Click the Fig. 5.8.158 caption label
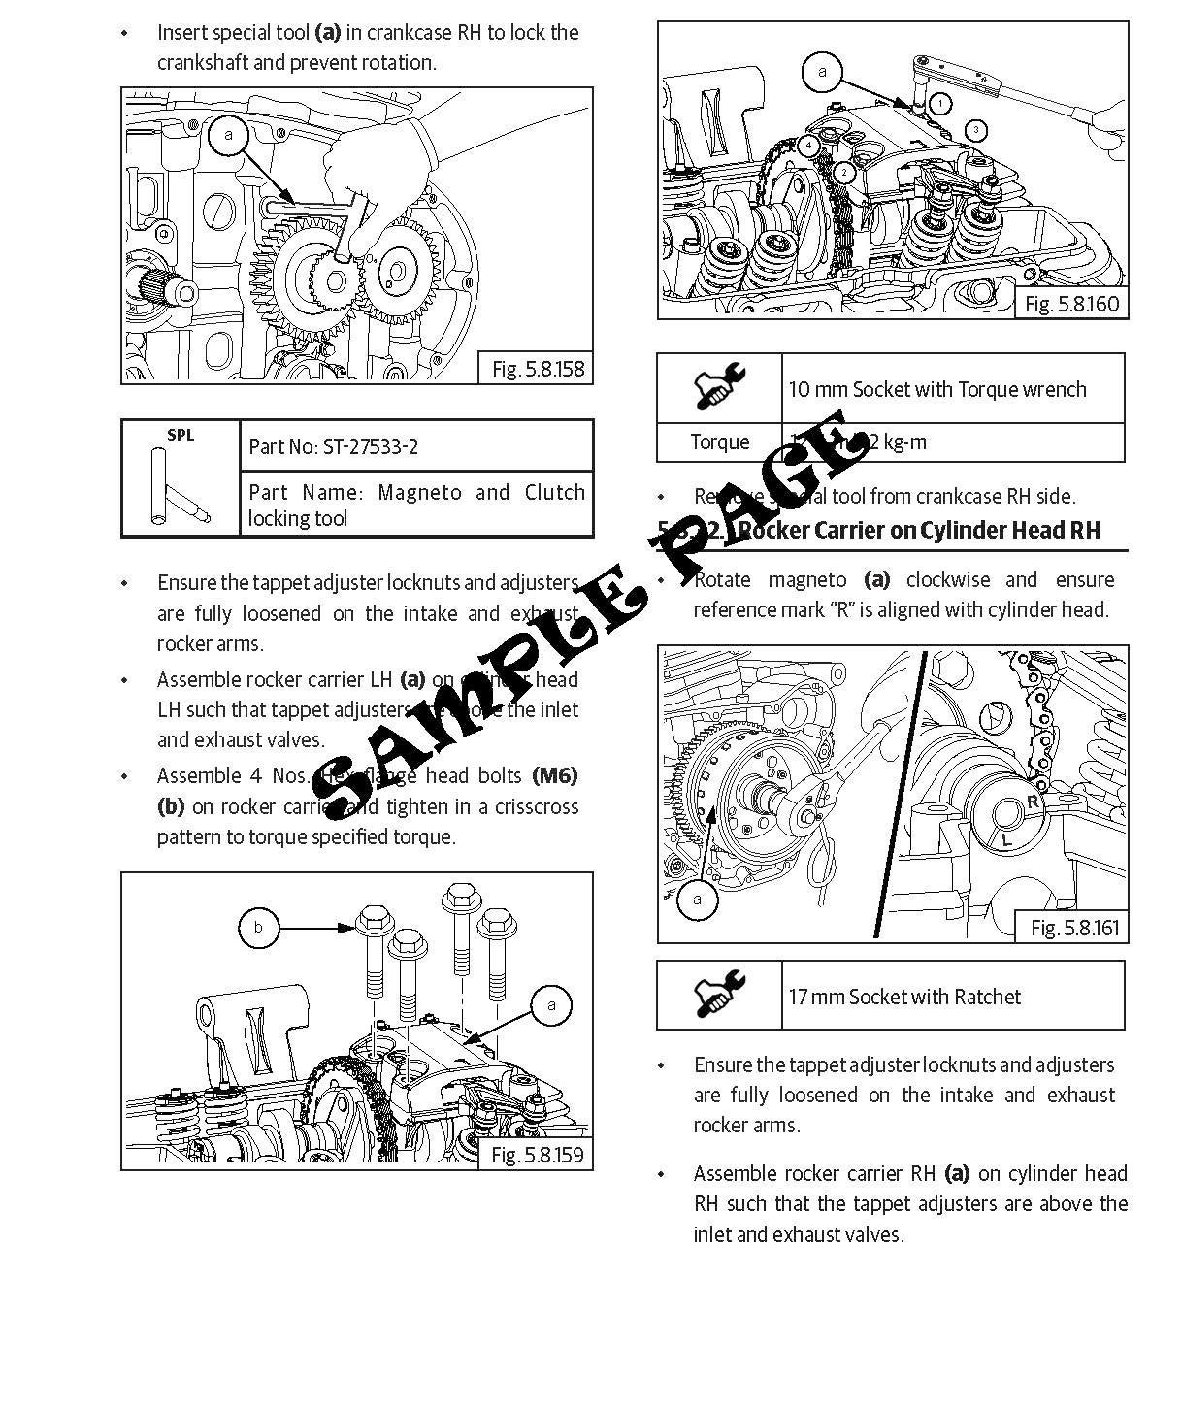tap(538, 369)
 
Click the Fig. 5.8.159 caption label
tap(537, 1155)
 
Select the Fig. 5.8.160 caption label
tap(1071, 304)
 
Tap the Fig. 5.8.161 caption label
tap(1074, 928)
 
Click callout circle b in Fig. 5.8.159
tap(258, 928)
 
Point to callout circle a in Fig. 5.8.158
tap(229, 135)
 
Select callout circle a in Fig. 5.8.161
tap(697, 899)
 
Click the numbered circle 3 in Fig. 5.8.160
tap(976, 130)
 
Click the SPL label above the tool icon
tap(181, 435)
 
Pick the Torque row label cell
tap(719, 442)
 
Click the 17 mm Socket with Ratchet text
tap(904, 997)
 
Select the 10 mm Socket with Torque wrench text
tap(936, 389)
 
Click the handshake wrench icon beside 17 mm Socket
tap(719, 995)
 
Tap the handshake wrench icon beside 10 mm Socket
tap(719, 387)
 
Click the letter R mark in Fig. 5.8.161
tap(1033, 802)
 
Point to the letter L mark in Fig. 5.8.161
tap(1006, 840)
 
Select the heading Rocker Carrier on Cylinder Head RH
tap(919, 530)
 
